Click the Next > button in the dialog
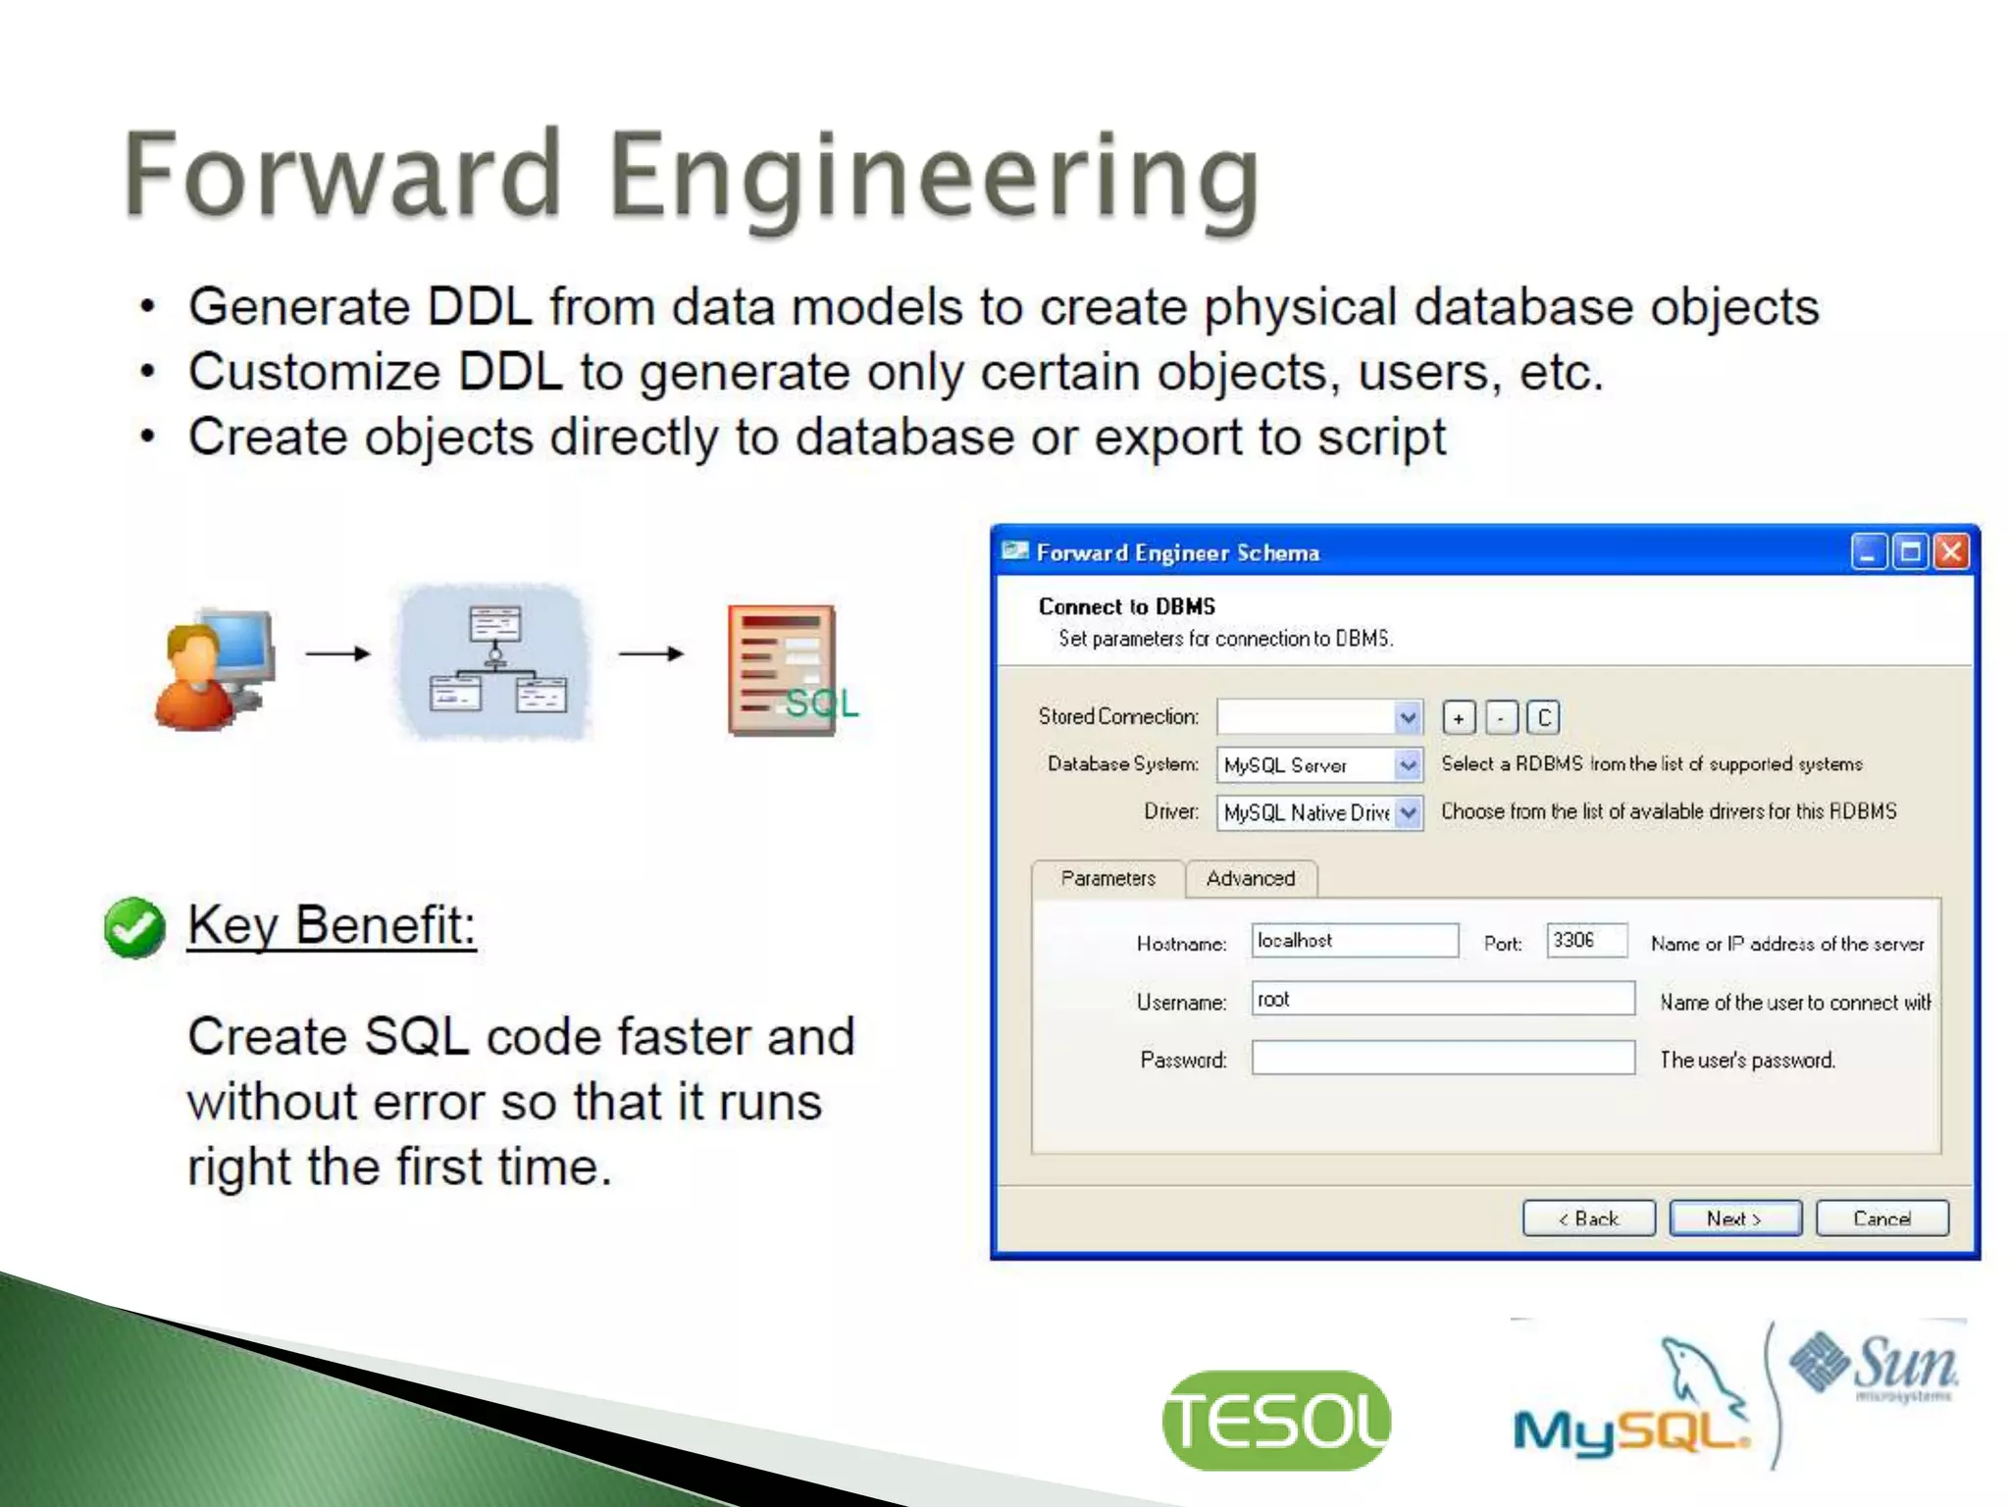(x=1734, y=1219)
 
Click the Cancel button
(x=1881, y=1219)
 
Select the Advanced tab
(x=1250, y=878)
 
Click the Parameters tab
(x=1108, y=878)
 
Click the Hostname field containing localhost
(x=1354, y=940)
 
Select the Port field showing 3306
(x=1586, y=940)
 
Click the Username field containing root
(x=1442, y=999)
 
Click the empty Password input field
(x=1442, y=1059)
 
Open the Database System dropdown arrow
(x=1408, y=764)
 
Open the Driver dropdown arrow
(x=1408, y=812)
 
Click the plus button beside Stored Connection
(x=1459, y=718)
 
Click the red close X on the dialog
(x=1951, y=552)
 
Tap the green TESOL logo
(x=1275, y=1420)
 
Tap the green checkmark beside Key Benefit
(x=134, y=927)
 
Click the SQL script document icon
(x=785, y=669)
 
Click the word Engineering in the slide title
(x=932, y=177)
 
